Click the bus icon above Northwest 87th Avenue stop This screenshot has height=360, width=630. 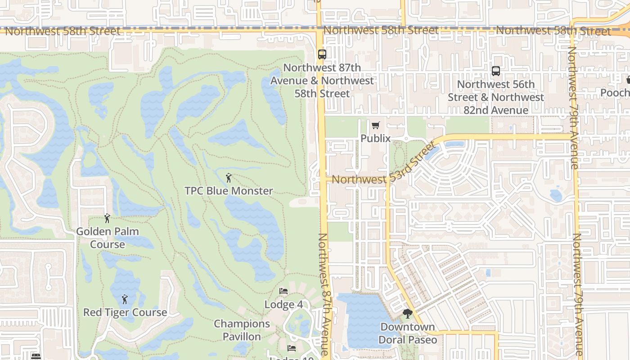(322, 54)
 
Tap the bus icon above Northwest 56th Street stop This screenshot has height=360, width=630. (495, 71)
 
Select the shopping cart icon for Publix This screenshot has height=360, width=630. (376, 125)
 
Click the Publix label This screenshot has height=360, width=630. (376, 138)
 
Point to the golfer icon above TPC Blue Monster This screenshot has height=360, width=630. (229, 178)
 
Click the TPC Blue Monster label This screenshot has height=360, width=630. (229, 191)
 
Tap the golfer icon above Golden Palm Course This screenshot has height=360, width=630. (107, 218)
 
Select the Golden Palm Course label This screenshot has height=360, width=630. (107, 238)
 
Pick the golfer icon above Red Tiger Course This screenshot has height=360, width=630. (125, 299)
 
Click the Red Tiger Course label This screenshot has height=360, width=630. (125, 312)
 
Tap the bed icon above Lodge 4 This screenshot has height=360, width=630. (283, 291)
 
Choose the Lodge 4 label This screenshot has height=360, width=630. (283, 305)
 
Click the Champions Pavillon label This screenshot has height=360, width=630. (242, 330)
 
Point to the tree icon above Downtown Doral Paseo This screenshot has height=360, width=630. (408, 314)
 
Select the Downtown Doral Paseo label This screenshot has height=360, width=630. (408, 333)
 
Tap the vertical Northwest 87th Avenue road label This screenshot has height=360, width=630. (325, 295)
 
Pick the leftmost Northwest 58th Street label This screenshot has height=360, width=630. (63, 31)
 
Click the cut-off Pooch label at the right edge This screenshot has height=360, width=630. (616, 92)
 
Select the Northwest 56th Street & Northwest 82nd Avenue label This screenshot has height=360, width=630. (495, 97)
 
